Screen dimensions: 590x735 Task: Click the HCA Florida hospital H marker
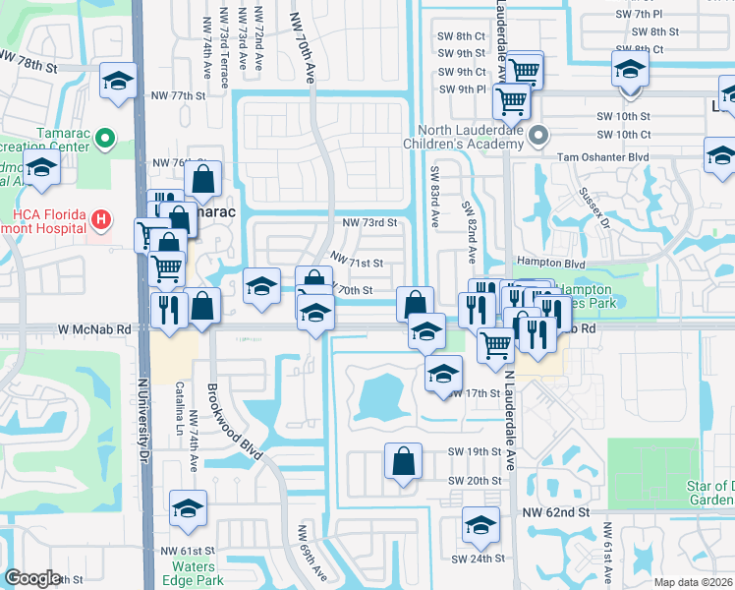point(99,217)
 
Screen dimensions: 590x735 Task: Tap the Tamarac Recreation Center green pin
point(104,138)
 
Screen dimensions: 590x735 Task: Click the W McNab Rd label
point(94,329)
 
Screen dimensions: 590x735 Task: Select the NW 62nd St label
point(554,512)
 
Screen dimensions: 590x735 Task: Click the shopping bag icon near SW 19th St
point(403,461)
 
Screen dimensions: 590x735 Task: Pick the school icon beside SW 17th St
point(444,374)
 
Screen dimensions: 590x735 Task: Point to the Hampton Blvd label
point(549,265)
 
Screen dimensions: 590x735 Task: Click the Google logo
point(32,578)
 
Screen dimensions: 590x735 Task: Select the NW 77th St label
point(178,95)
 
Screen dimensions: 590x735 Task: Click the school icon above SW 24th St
point(481,525)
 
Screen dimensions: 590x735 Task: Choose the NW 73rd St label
point(369,223)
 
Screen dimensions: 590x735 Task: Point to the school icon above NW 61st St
point(188,508)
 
